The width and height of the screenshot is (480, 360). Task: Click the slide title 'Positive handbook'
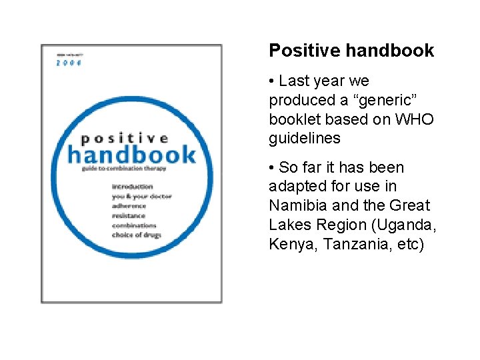(351, 51)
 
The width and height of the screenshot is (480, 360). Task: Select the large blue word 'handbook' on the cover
(132, 155)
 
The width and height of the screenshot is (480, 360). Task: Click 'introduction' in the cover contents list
(133, 187)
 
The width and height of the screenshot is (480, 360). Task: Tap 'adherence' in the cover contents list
(129, 206)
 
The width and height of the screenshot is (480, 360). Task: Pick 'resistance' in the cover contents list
(129, 216)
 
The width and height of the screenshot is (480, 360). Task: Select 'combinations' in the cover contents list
(134, 225)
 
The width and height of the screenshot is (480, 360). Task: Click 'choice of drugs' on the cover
(137, 235)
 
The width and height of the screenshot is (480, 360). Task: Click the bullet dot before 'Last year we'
(272, 81)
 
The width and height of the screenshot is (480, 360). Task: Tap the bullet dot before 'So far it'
(272, 167)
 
